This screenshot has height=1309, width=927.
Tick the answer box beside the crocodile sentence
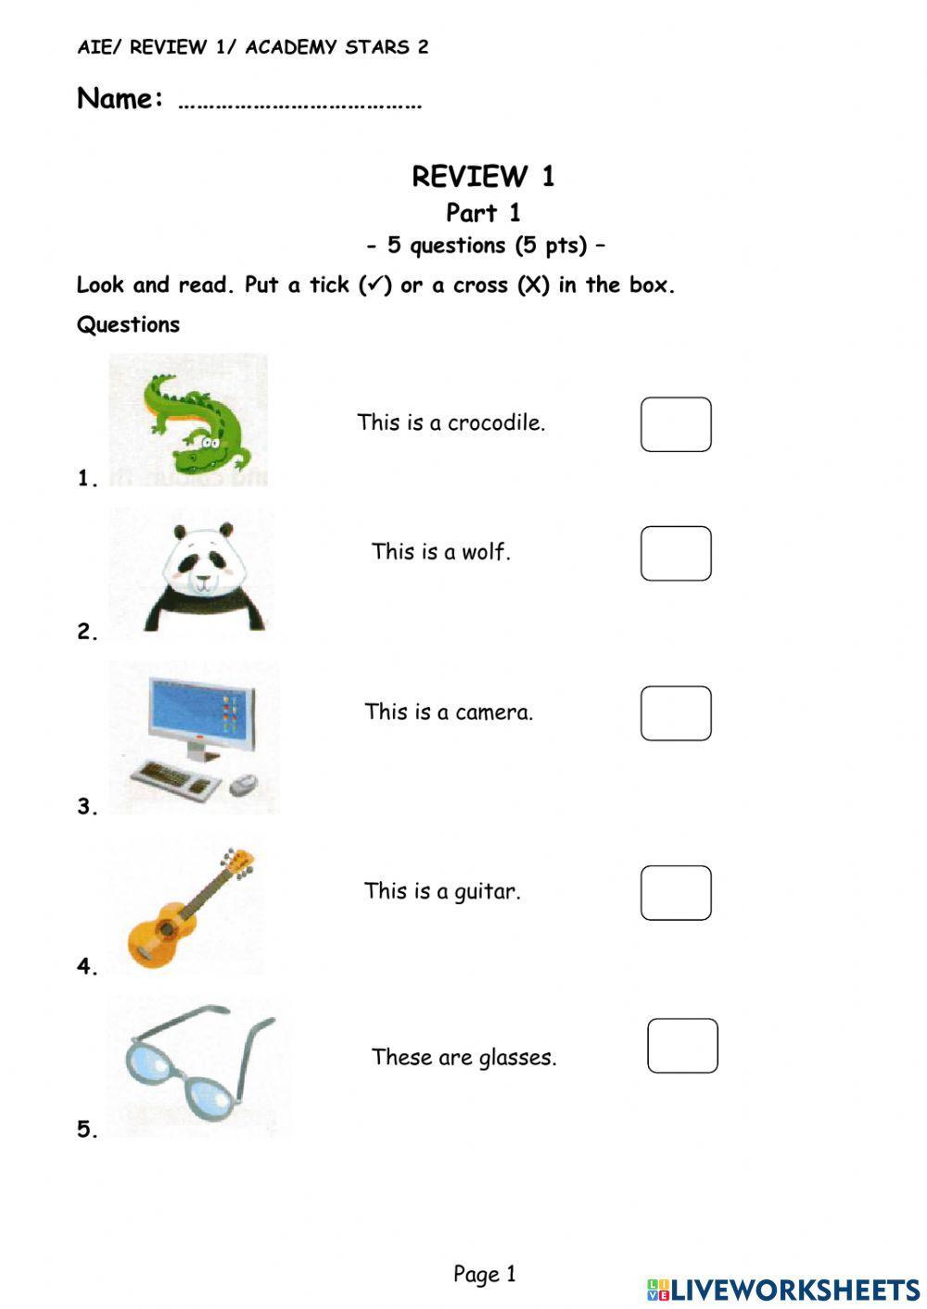click(x=676, y=424)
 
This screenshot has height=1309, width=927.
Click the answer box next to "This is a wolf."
click(x=676, y=553)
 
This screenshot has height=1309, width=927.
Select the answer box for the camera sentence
click(x=676, y=713)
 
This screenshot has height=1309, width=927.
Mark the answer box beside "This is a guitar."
click(x=676, y=892)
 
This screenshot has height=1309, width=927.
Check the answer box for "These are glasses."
click(x=682, y=1046)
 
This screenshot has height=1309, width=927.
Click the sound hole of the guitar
click(x=167, y=928)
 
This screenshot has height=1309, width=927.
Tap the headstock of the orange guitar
click(x=239, y=863)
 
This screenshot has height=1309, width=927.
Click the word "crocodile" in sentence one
click(x=496, y=422)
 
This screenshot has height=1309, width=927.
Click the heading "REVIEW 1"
click(x=483, y=176)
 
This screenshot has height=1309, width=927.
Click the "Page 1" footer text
click(x=484, y=1274)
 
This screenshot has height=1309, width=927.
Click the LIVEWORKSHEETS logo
click(x=783, y=1289)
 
